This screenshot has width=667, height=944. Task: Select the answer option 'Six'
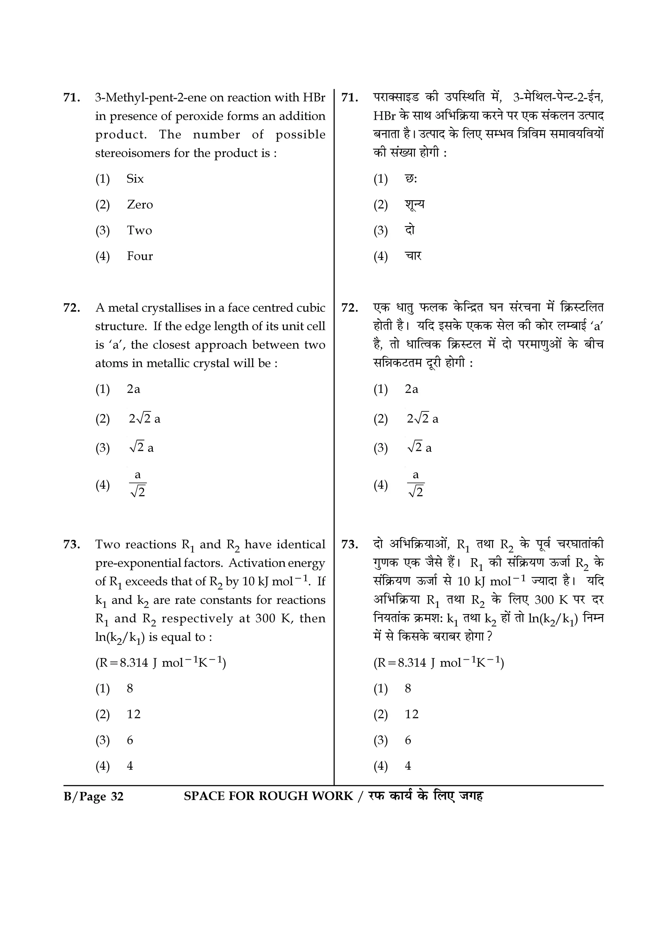[135, 179]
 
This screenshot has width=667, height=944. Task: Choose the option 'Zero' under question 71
[140, 205]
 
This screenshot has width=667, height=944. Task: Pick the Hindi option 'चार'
[413, 256]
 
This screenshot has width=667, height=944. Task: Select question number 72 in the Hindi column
[349, 308]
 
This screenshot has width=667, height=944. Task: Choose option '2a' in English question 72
[133, 389]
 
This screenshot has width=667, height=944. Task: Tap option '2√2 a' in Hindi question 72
[422, 419]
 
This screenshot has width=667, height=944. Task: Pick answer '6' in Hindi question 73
[408, 740]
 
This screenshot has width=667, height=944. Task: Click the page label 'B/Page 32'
[94, 797]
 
